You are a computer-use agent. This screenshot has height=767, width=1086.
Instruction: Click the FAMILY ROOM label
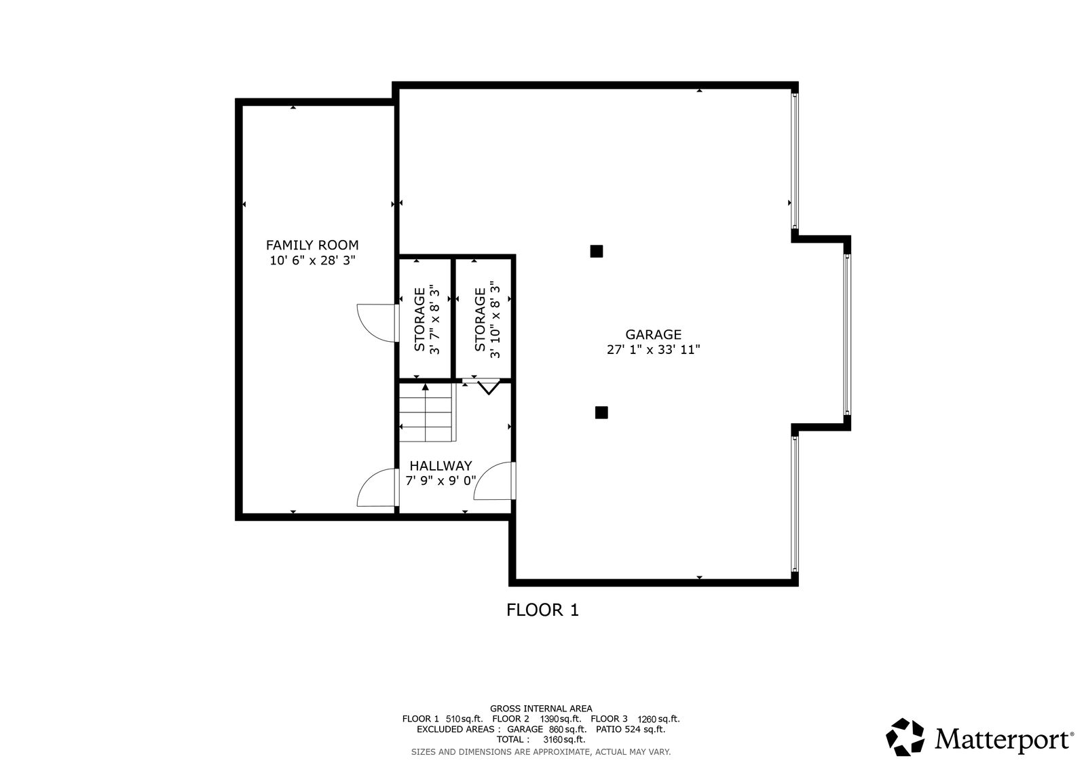[x=312, y=245]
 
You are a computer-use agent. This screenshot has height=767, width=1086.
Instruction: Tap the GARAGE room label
[x=653, y=334]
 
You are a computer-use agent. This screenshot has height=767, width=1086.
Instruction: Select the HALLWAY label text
[x=441, y=466]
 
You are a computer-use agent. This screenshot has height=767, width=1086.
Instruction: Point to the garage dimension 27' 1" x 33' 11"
[x=653, y=349]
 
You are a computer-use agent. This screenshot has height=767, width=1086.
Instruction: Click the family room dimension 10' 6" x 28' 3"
[x=312, y=260]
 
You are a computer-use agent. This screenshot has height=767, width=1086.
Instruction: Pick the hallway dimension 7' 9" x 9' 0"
[x=441, y=481]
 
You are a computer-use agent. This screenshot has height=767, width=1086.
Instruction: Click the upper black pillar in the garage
[x=597, y=251]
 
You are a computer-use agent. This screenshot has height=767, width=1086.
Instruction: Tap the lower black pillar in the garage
[x=601, y=412]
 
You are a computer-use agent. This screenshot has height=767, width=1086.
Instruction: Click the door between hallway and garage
[x=495, y=481]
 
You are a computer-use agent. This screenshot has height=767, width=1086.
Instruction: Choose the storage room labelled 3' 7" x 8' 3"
[x=425, y=319]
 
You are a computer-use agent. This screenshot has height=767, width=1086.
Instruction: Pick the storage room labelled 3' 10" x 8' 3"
[x=483, y=319]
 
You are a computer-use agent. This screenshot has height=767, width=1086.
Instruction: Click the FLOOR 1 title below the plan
[x=542, y=610]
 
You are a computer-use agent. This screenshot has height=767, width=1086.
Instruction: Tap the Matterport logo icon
[x=905, y=737]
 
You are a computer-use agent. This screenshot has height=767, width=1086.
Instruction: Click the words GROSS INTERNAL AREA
[x=541, y=709]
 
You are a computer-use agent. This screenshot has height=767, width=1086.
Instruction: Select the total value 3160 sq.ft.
[x=564, y=739]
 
